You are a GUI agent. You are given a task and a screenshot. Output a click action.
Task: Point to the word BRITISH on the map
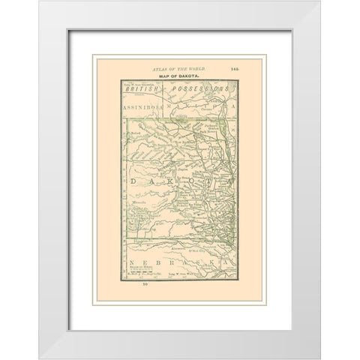pos(142,89)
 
